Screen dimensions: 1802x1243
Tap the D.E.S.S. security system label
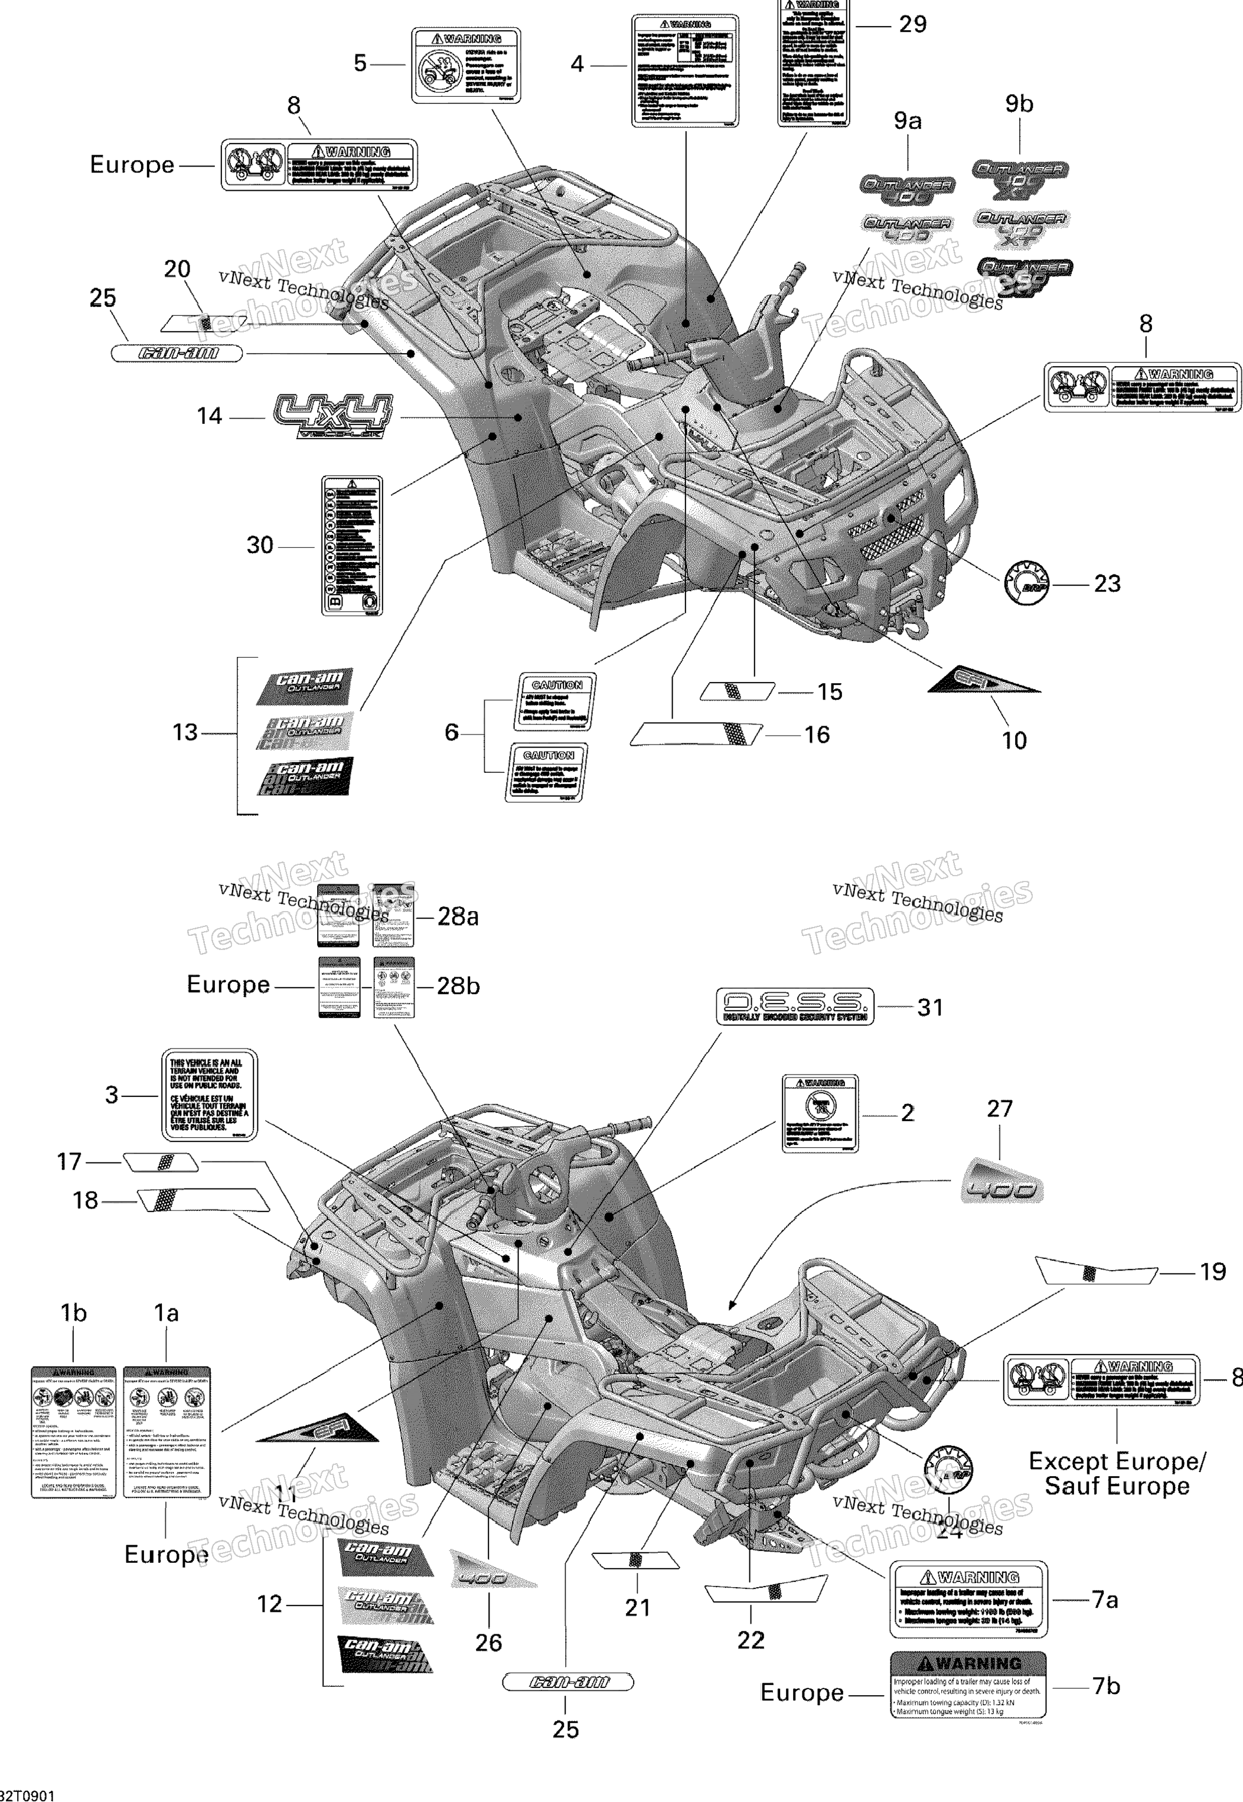click(794, 1006)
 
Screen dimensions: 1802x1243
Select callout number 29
click(913, 25)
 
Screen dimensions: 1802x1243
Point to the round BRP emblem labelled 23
click(1026, 583)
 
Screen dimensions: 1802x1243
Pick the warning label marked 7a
click(969, 1599)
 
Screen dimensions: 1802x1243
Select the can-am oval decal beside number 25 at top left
click(178, 354)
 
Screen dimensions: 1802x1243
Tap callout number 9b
click(1019, 103)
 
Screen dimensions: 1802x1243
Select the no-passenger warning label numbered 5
click(466, 66)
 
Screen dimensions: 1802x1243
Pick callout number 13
click(185, 733)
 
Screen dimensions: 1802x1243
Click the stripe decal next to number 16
click(696, 733)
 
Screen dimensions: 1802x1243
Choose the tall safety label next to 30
click(352, 545)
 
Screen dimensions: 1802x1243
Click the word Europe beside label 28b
click(228, 984)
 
